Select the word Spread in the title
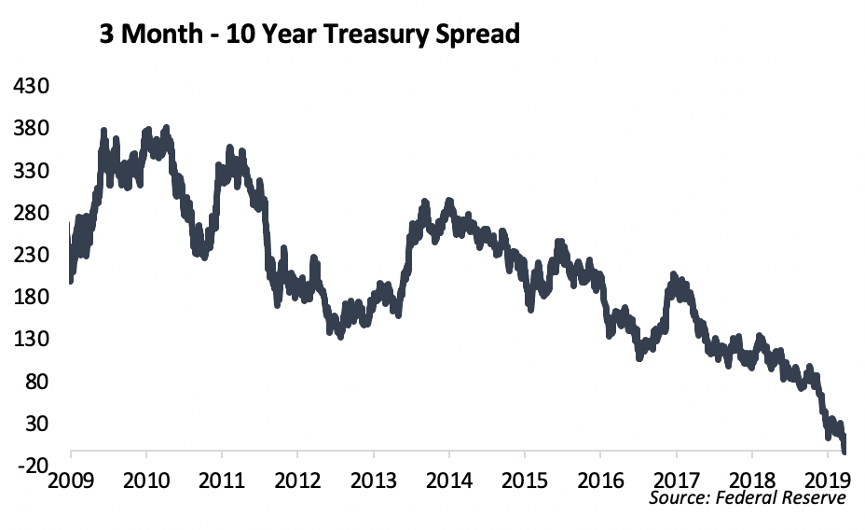476,35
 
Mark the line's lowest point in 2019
844,452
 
